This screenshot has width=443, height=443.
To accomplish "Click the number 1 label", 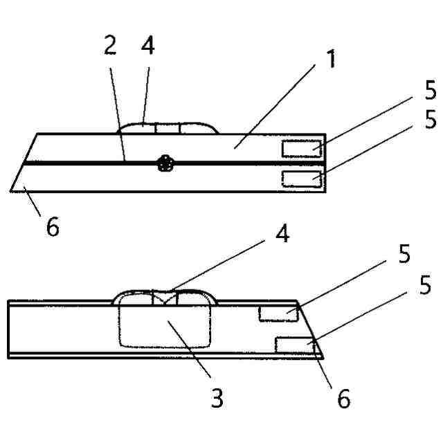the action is click(332, 60).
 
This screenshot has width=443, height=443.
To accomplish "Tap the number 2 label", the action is click(109, 46).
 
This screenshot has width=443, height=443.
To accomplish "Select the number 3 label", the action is click(217, 399).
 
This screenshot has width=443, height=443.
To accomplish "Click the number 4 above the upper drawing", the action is click(147, 46).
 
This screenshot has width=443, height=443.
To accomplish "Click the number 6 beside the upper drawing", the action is click(53, 226).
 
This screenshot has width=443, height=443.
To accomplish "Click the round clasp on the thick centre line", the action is click(164, 163).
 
